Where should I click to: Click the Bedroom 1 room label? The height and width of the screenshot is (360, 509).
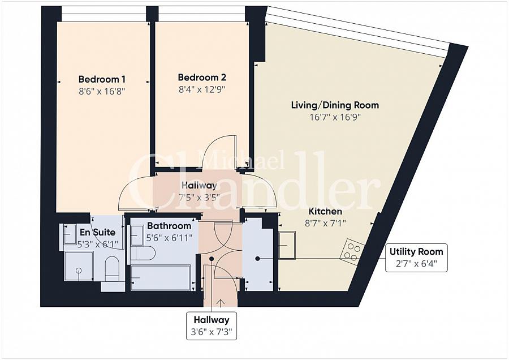pyautogui.click(x=102, y=79)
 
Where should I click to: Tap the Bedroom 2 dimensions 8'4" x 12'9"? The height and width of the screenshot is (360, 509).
pyautogui.click(x=202, y=89)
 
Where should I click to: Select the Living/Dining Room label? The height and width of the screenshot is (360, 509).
pyautogui.click(x=335, y=105)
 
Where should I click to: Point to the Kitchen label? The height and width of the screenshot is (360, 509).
pyautogui.click(x=325, y=212)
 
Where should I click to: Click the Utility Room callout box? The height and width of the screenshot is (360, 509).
pyautogui.click(x=416, y=258)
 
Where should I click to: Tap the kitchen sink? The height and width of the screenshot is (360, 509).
pyautogui.click(x=287, y=245)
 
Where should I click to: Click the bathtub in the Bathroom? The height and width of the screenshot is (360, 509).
pyautogui.click(x=161, y=277)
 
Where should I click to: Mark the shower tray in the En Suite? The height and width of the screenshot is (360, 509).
pyautogui.click(x=79, y=266)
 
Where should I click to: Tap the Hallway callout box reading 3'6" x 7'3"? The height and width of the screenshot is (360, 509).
pyautogui.click(x=212, y=326)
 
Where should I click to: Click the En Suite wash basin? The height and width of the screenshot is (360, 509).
pyautogui.click(x=70, y=234)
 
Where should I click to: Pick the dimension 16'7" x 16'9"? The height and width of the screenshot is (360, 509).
pyautogui.click(x=335, y=117)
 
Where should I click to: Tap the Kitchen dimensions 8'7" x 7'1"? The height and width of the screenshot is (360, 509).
pyautogui.click(x=325, y=223)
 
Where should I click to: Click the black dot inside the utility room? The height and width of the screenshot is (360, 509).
pyautogui.click(x=257, y=259)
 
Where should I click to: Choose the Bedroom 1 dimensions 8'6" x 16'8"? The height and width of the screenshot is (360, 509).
pyautogui.click(x=102, y=91)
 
